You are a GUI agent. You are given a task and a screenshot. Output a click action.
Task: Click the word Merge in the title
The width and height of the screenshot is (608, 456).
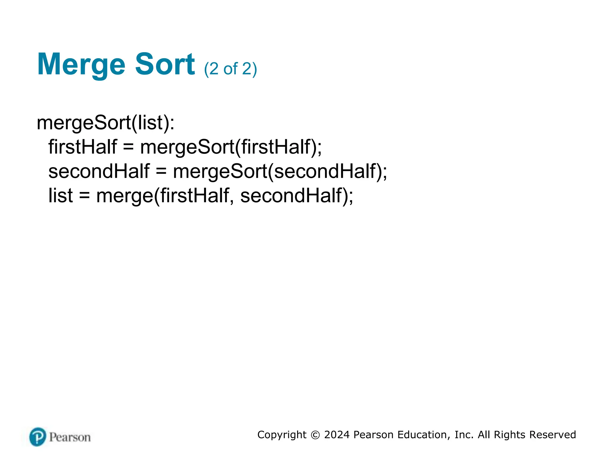pos(81,64)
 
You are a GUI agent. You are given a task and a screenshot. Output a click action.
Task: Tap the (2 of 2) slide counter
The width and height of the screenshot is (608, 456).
pos(230,69)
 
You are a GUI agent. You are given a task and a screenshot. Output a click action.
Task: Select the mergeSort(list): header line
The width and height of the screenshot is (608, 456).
pos(105,123)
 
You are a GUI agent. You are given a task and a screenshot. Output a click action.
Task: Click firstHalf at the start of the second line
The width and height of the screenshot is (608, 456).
pos(83,147)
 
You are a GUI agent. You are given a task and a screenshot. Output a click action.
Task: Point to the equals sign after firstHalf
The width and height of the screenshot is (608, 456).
pos(128,147)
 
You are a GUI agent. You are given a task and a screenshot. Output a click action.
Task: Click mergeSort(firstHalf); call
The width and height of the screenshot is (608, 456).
pos(231,147)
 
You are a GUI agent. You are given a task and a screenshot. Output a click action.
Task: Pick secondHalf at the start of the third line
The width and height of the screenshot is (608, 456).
pos(99,171)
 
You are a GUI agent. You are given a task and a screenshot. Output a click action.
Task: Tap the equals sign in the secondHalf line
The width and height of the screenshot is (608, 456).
pos(161,172)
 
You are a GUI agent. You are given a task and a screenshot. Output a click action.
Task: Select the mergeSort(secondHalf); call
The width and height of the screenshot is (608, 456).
pos(280,172)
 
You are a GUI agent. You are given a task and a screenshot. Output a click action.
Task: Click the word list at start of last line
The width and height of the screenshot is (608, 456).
pos(61,196)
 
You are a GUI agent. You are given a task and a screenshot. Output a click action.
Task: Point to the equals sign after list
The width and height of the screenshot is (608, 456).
pos(84,196)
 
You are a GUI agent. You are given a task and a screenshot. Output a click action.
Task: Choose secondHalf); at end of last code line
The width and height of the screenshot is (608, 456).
pos(297,196)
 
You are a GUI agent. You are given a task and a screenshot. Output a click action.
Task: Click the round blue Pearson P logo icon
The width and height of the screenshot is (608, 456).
pos(38,437)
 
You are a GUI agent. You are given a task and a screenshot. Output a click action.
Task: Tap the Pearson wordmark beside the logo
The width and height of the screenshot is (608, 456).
pos(70,437)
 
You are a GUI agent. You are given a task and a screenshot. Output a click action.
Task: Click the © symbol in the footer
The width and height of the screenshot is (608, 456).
pos(315,435)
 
